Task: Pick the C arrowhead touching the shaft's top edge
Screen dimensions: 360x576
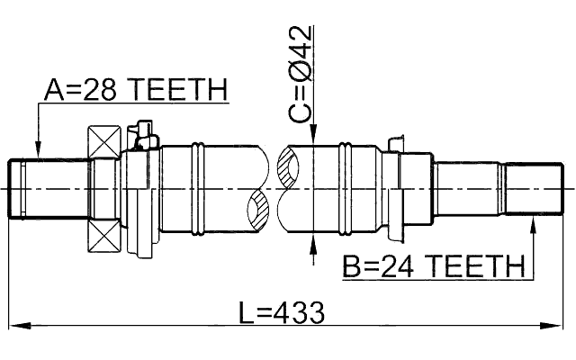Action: click(x=311, y=135)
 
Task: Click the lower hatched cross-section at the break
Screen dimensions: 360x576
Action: click(x=259, y=211)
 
